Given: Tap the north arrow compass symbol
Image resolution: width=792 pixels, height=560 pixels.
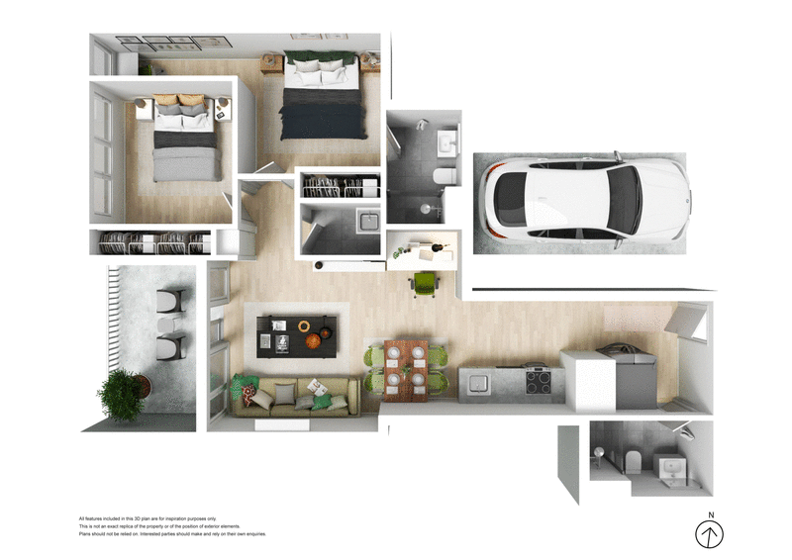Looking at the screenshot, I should coord(709,535).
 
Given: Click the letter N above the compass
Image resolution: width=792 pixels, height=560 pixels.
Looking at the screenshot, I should coord(710,514).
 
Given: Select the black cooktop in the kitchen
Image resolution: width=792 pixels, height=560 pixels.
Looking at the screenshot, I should coord(540,380).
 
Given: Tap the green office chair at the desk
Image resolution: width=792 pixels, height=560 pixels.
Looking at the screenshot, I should coord(424,283).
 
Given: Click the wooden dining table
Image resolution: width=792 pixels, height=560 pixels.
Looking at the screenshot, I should coord(406,370).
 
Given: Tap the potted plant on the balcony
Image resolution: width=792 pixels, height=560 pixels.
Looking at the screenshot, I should coord(122,393).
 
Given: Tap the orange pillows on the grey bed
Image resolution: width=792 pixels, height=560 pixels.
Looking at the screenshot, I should coord(179,100).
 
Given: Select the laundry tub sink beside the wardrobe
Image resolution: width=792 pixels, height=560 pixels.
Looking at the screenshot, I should coord(368,221).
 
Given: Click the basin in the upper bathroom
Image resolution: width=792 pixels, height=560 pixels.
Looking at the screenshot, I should coord(448,142).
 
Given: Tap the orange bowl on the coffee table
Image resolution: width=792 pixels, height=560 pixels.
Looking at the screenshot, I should coord(313,341).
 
